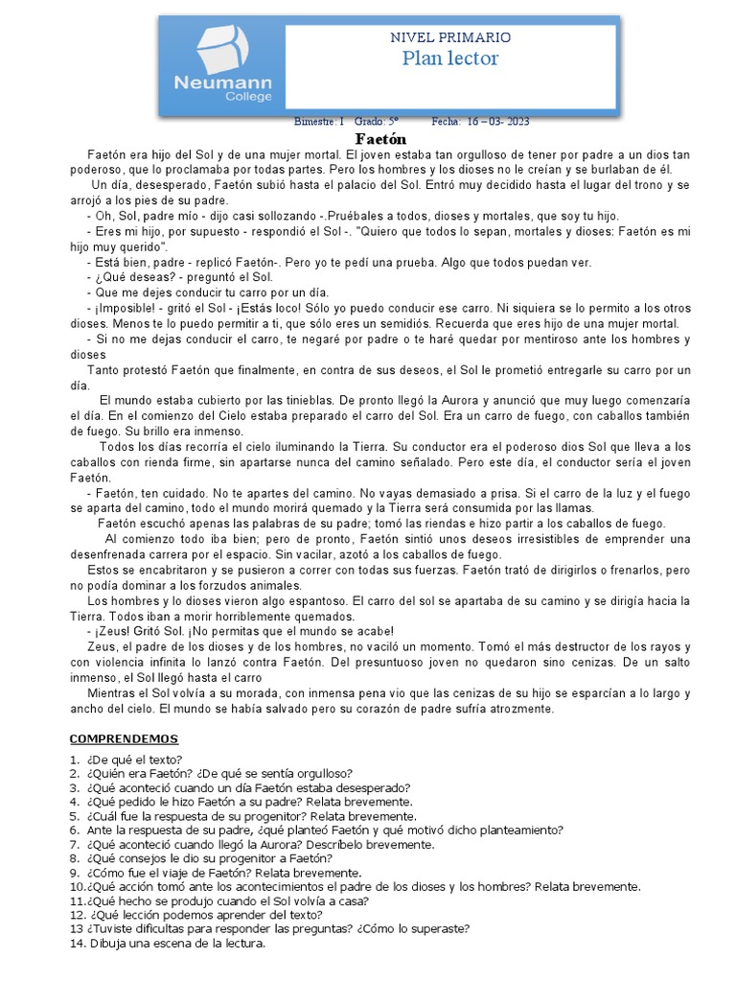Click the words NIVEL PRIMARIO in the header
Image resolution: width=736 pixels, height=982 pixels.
[x=450, y=37]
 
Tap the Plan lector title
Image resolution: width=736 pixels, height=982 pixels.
[x=450, y=59]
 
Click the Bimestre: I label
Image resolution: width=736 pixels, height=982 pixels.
[x=318, y=122]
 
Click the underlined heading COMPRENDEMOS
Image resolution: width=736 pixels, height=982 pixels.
[x=124, y=738]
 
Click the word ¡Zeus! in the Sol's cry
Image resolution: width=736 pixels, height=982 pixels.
[x=118, y=630]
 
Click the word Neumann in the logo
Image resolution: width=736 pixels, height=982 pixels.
[x=222, y=83]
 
